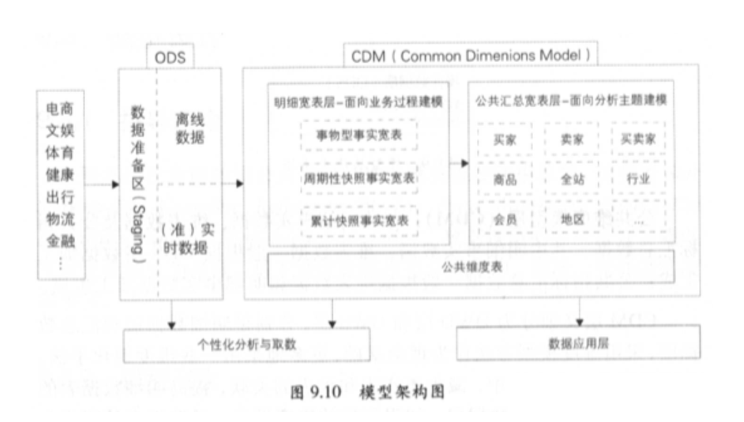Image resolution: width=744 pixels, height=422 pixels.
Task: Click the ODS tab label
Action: coord(171,57)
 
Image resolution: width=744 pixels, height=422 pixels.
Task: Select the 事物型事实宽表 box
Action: coord(359,136)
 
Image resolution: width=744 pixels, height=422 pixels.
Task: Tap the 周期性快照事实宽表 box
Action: coord(359,179)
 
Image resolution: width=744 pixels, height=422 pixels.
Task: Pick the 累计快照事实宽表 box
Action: coord(359,221)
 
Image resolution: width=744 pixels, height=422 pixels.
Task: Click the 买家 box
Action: coord(504,139)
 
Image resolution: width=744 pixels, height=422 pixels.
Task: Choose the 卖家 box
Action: coord(571,139)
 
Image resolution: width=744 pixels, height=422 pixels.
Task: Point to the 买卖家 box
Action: coord(637,139)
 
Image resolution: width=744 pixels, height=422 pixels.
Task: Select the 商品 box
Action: coord(504,179)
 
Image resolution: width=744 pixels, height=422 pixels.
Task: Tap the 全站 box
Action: coord(571,179)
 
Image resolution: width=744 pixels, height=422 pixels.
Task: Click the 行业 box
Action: coord(637,179)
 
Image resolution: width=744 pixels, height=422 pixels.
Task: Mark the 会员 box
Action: coord(504,219)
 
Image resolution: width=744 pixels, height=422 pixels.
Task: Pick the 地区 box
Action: coord(571,219)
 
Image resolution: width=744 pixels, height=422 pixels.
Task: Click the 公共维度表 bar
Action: coord(470,267)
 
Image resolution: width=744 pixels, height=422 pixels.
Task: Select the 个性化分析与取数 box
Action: coord(247,345)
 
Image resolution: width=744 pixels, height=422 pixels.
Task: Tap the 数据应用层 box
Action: coord(578,343)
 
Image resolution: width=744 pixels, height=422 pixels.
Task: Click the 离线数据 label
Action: coord(189,129)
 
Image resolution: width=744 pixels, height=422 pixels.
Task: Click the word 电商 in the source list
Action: coord(60,109)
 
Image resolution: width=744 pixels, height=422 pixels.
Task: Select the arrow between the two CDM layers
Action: coord(459,163)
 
